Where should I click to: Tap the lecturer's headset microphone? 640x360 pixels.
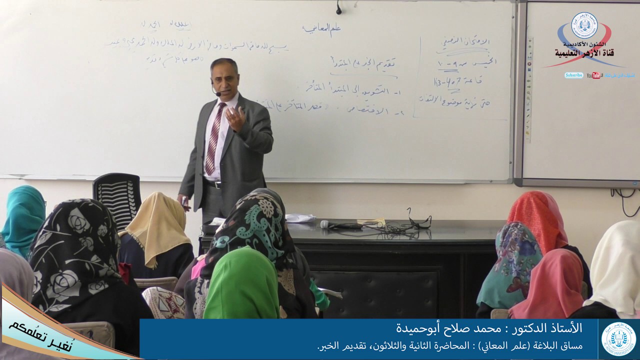(218, 93)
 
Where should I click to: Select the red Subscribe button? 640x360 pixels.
(574, 75)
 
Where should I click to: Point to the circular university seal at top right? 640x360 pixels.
(584, 25)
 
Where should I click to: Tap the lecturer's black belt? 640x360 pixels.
(213, 183)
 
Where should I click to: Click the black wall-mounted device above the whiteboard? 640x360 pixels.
(338, 7)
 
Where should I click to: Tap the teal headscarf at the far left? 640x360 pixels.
(23, 212)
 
